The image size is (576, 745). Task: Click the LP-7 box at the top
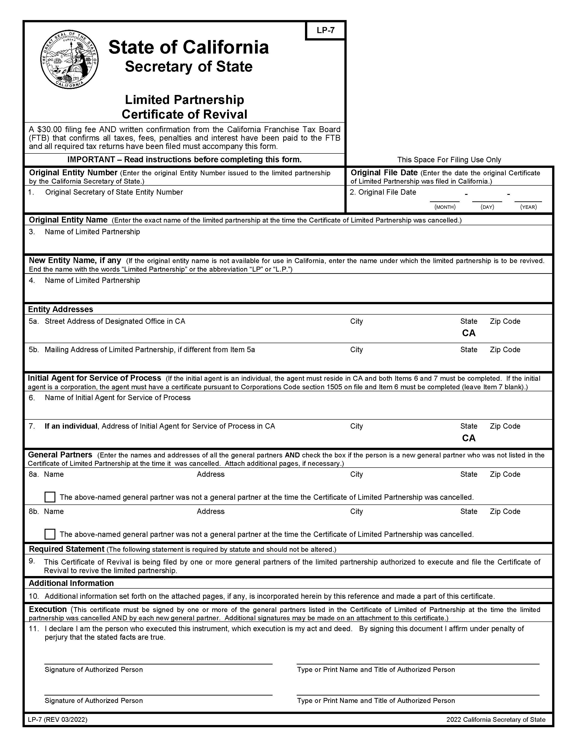pos(325,30)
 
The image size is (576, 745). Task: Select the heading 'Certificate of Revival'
pos(184,114)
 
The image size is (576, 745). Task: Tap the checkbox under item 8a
pos(50,497)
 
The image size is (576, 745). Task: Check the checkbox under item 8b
pos(50,534)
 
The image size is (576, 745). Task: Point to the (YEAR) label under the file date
pos(528,207)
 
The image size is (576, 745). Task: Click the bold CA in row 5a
pos(468,333)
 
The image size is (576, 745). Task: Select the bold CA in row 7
pos(468,438)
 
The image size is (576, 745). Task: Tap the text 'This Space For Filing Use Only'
pos(449,160)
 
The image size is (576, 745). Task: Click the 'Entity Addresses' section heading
pos(60,309)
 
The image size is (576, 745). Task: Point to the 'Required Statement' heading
pos(67,549)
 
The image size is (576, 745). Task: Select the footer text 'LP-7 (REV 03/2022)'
pos(58,720)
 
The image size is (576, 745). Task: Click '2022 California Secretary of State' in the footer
pos(495,720)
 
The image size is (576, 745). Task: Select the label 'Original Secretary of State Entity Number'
pos(114,192)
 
